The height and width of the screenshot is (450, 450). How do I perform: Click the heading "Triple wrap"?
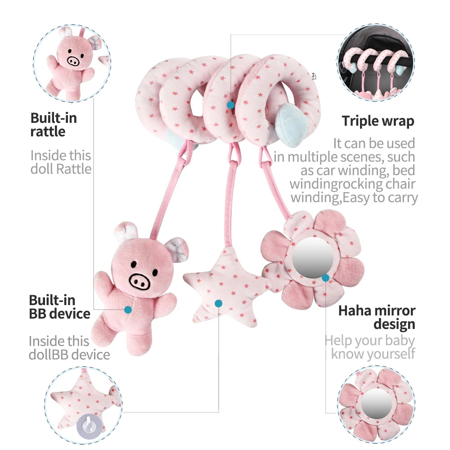pyautogui.click(x=378, y=121)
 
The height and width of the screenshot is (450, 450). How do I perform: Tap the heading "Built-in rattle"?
pyautogui.click(x=54, y=125)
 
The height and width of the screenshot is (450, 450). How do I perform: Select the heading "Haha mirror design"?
pyautogui.click(x=377, y=317)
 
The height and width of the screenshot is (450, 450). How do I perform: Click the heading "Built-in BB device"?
pyautogui.click(x=59, y=307)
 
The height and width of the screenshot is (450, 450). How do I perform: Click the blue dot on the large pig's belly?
pyautogui.click(x=128, y=310)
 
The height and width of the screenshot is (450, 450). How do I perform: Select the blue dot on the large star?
pyautogui.click(x=218, y=303)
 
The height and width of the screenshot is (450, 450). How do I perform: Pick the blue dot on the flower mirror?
pyautogui.click(x=325, y=278)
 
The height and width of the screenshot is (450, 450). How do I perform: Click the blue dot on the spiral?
pyautogui.click(x=230, y=105)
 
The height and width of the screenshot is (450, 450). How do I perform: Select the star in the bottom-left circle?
pyautogui.click(x=83, y=398)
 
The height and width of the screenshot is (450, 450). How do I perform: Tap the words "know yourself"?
pyautogui.click(x=373, y=354)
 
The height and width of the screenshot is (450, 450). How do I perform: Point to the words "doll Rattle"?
pyautogui.click(x=61, y=169)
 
